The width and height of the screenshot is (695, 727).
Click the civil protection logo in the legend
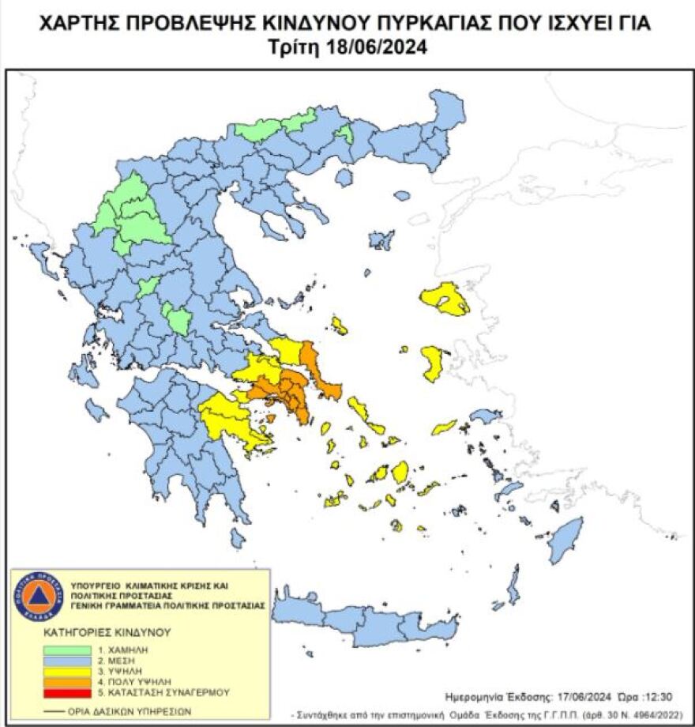37,595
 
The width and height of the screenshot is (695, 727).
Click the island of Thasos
343,177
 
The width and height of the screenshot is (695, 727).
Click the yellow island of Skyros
340,325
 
